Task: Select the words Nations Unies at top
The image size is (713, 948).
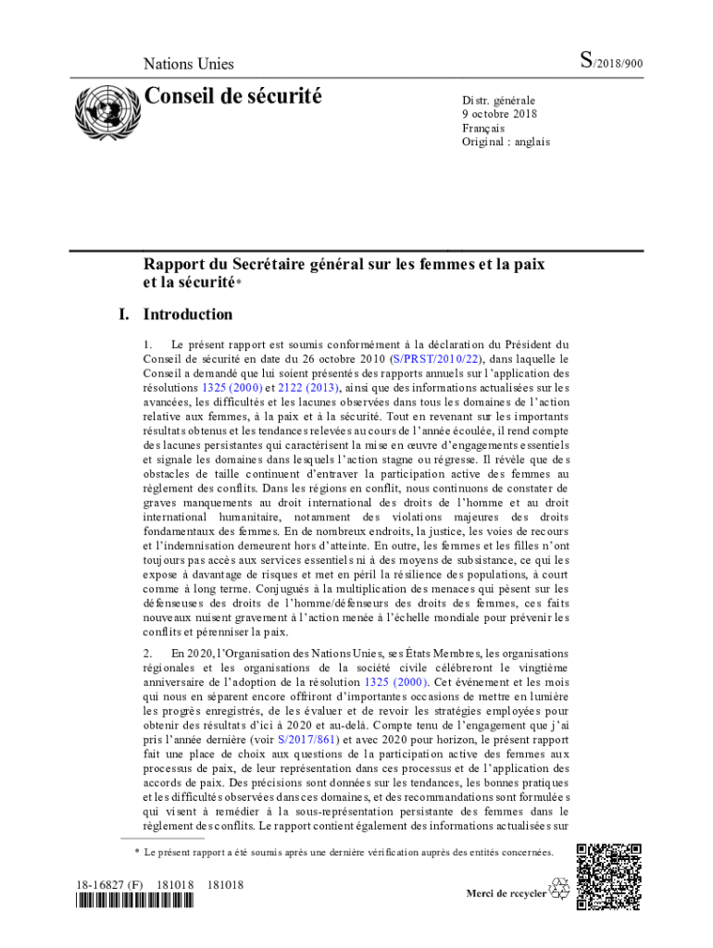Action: (188, 64)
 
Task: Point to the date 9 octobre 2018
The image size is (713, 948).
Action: (499, 114)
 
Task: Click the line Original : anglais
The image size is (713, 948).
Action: (506, 142)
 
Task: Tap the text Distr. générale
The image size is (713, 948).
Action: (498, 100)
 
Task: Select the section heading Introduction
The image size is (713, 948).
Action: (188, 314)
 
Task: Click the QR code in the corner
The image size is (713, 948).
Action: (608, 875)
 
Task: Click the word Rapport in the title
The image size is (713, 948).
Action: (174, 264)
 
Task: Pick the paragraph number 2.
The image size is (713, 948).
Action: (147, 653)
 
